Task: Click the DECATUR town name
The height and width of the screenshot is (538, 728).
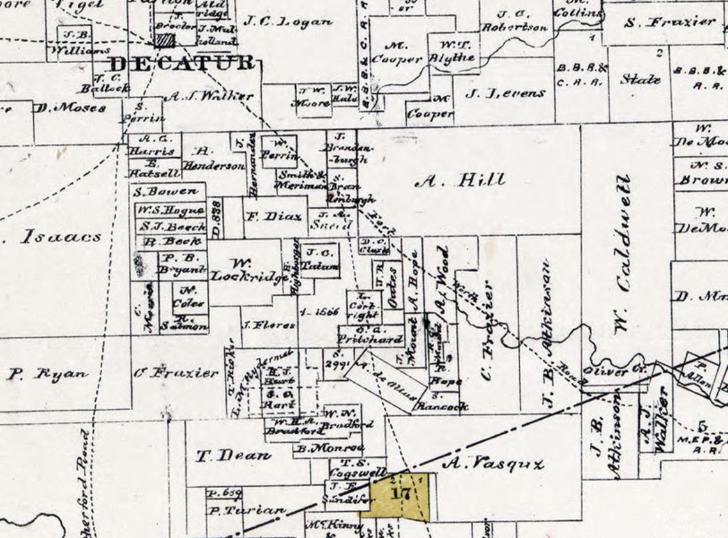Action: point(182,64)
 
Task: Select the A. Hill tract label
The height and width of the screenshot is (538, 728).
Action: point(460,181)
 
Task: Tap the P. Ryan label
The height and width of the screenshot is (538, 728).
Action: point(47,374)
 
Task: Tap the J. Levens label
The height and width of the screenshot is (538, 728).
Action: point(505,93)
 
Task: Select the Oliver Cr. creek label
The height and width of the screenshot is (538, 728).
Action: point(625,370)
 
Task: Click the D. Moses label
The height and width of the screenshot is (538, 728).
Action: point(70,108)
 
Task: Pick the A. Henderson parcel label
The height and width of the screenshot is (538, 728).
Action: point(213,158)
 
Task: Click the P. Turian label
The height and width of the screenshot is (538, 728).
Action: point(246,511)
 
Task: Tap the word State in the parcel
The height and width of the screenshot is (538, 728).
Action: point(641,79)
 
